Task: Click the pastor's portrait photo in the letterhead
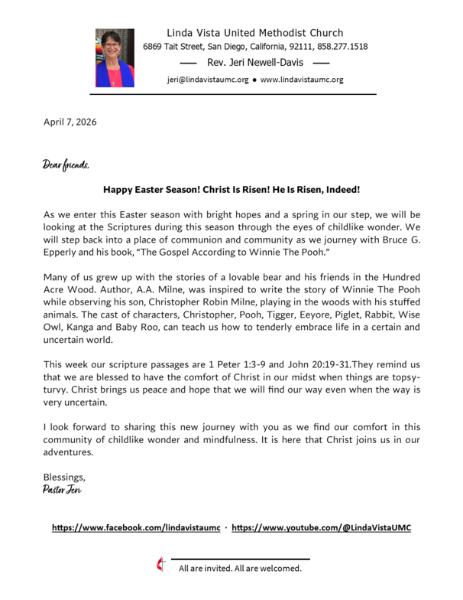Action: point(115,57)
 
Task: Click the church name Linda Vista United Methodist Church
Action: point(255,33)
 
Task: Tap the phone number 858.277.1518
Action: point(342,47)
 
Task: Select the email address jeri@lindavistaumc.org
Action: point(207,80)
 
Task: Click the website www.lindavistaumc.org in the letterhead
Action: point(302,80)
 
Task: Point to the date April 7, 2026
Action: point(70,122)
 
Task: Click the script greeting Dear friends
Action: point(66,165)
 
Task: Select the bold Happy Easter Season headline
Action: point(231,188)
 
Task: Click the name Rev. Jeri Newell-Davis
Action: point(256,62)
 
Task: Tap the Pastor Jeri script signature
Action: point(63,490)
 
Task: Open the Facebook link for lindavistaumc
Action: point(136,528)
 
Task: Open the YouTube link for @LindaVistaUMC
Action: point(321,528)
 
